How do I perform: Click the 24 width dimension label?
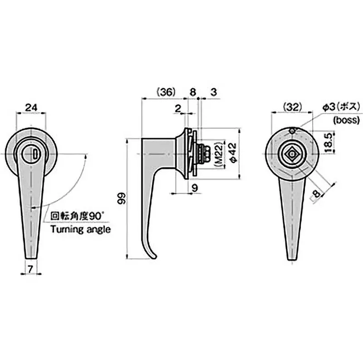click(x=31, y=108)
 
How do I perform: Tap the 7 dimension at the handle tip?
click(x=30, y=269)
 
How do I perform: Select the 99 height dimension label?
click(x=122, y=198)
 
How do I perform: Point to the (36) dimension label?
click(x=166, y=92)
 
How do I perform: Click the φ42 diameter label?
click(x=233, y=153)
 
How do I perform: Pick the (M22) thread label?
click(x=219, y=154)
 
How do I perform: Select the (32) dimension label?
click(x=293, y=107)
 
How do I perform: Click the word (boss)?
click(x=346, y=120)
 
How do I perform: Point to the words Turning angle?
click(x=81, y=230)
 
